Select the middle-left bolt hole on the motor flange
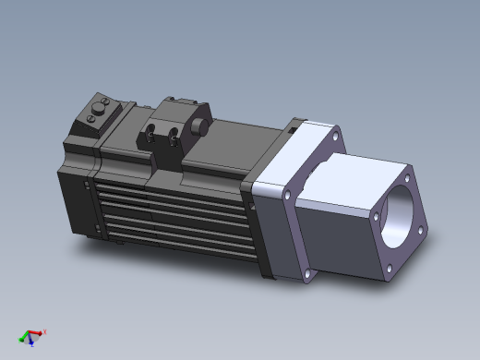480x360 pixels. [x=287, y=196]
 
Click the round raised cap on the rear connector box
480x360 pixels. [x=97, y=116]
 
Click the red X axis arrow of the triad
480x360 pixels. [x=37, y=332]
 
